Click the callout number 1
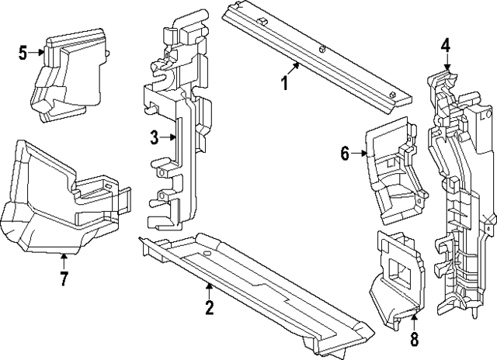click(x=285, y=83)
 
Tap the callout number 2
click(x=209, y=306)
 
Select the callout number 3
click(x=154, y=137)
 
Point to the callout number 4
click(x=445, y=45)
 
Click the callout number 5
click(x=23, y=53)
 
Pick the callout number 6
click(x=345, y=154)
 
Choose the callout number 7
click(x=64, y=279)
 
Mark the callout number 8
click(x=414, y=338)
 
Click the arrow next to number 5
click(x=36, y=53)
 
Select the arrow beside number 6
click(x=359, y=154)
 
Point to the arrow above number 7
click(x=64, y=261)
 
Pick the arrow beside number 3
click(x=168, y=137)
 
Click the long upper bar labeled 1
click(x=317, y=57)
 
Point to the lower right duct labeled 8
click(x=398, y=282)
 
